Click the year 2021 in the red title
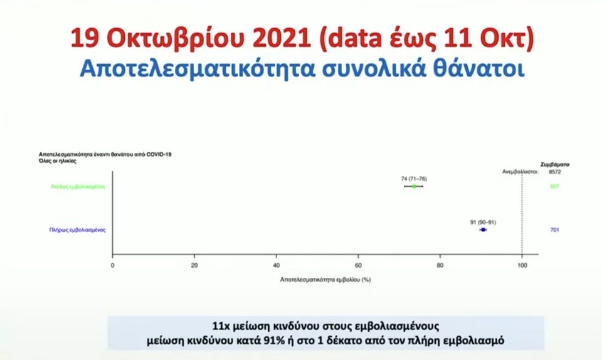(278, 38)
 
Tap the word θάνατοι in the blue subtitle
(482, 68)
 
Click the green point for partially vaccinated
(414, 186)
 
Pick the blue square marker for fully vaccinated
(483, 230)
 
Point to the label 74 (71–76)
(414, 179)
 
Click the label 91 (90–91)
(483, 222)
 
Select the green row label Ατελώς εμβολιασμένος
(78, 186)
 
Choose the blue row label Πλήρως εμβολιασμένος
(77, 230)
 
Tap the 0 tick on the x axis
(113, 265)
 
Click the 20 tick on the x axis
(194, 265)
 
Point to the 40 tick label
(277, 265)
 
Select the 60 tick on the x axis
(359, 265)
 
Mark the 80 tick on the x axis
(440, 265)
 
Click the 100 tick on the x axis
(522, 265)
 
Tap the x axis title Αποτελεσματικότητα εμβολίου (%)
(325, 279)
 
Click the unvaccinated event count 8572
(554, 171)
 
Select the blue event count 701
(554, 230)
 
